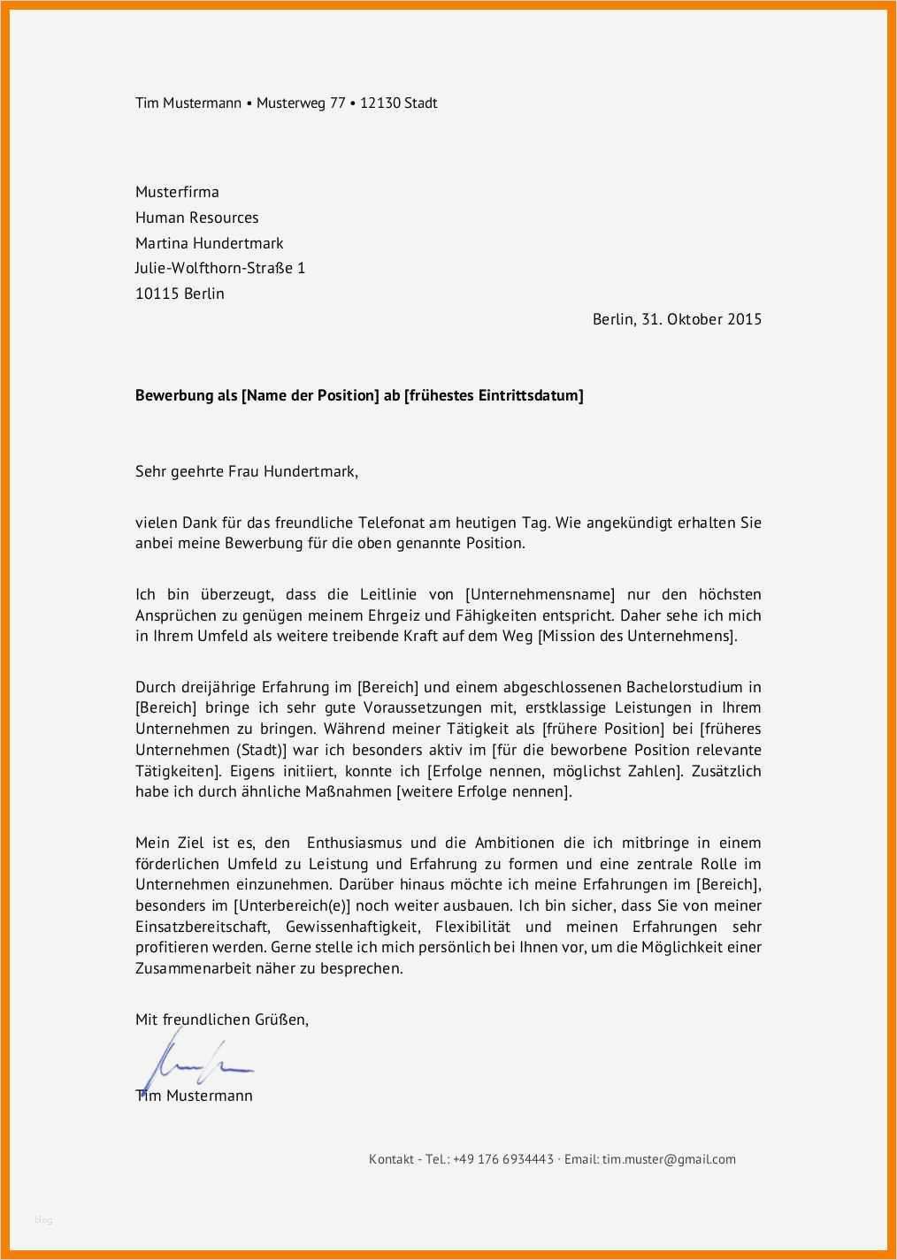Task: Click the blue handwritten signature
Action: (x=195, y=1060)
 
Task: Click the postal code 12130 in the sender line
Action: (x=379, y=103)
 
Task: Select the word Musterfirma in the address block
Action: (x=177, y=192)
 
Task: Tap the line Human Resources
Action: (x=196, y=218)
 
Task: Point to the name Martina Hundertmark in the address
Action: (x=209, y=243)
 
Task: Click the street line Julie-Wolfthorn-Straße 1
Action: (x=219, y=268)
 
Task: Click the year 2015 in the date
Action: (x=744, y=319)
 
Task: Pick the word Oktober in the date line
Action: (x=694, y=319)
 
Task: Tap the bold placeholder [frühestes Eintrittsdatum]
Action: (x=494, y=395)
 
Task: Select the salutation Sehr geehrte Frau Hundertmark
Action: (x=246, y=471)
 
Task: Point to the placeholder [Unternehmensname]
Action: (x=540, y=594)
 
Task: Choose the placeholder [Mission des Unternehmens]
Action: (x=636, y=637)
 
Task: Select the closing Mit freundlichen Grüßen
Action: (x=222, y=1019)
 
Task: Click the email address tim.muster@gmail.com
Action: (x=669, y=1159)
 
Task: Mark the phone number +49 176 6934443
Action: (x=502, y=1159)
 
